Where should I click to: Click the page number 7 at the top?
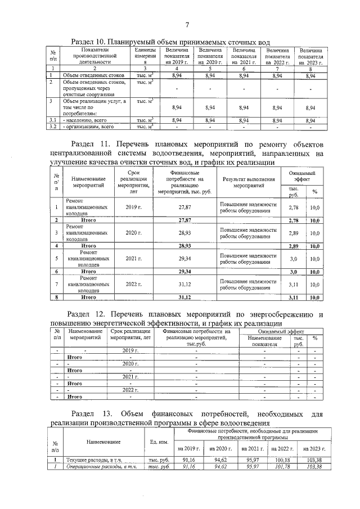(x=186, y=24)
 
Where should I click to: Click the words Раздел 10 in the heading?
(x=90, y=42)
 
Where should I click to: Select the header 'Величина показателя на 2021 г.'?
(x=244, y=56)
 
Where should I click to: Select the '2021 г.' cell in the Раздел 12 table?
(x=130, y=376)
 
